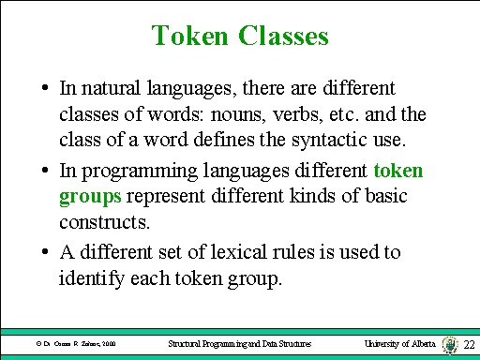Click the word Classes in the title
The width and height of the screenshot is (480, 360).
pos(282,37)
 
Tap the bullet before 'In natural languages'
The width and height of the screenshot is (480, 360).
pos(45,89)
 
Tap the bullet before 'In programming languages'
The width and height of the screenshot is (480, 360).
pos(45,172)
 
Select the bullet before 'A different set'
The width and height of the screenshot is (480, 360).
pos(45,253)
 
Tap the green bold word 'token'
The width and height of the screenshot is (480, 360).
pos(398,171)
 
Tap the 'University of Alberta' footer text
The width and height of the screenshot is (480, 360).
pos(399,345)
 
